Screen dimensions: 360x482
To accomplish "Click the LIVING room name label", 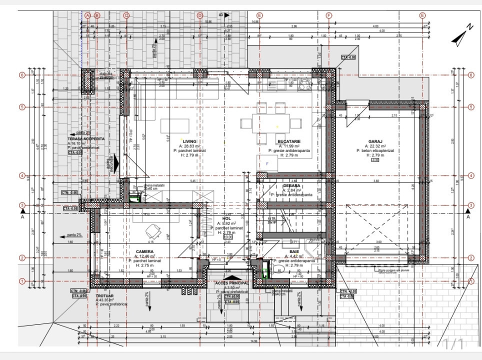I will (189, 141).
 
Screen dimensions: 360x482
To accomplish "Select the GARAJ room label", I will (375, 141).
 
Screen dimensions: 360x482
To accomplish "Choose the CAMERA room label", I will (144, 251).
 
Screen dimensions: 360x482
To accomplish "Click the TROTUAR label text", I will (105, 295).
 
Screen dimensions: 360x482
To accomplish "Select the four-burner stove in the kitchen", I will (305, 86).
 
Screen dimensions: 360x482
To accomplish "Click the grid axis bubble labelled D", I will (200, 15).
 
